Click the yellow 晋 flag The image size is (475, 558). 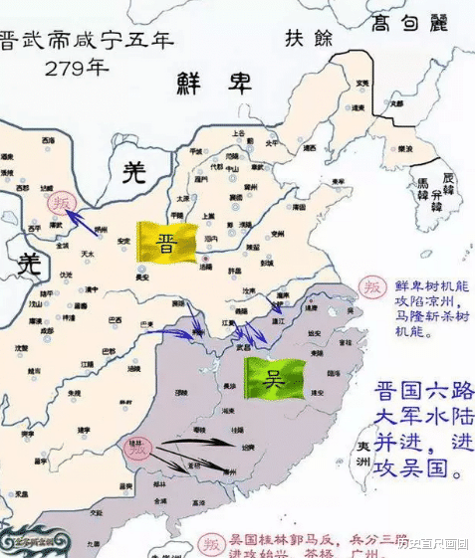166,243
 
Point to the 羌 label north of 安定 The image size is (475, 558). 132,173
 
